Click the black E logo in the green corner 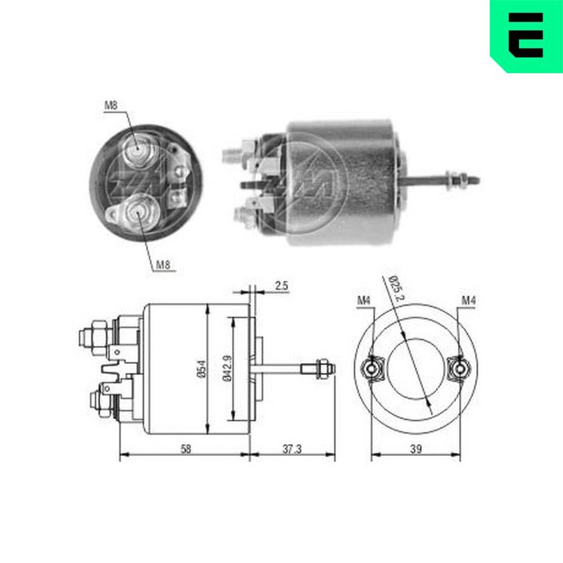526,35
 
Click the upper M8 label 111,106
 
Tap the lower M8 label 163,265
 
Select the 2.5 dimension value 281,286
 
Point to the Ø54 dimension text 202,369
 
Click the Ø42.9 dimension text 227,368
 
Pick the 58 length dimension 186,449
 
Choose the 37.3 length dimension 291,449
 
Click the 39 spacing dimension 416,449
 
